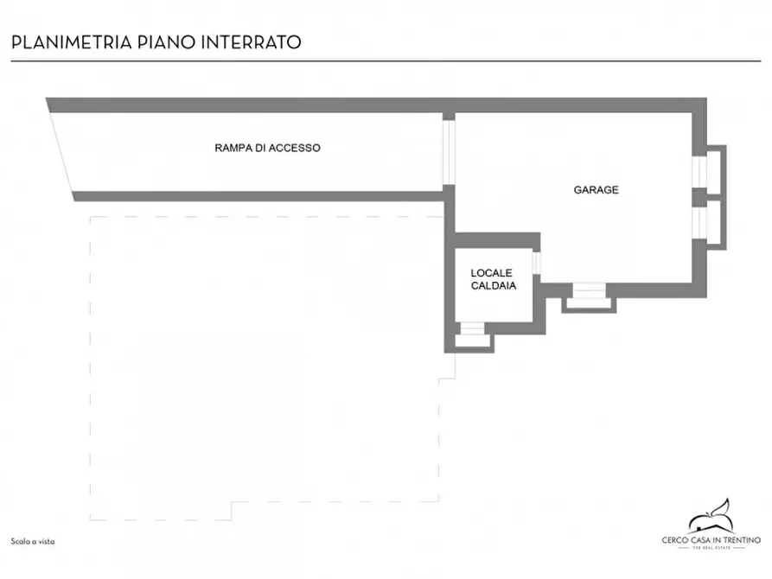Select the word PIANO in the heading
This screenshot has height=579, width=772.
(x=163, y=42)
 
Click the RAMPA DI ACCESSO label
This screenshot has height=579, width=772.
(x=267, y=148)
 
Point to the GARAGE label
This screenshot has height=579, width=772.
(x=596, y=189)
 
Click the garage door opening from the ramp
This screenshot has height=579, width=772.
(x=448, y=150)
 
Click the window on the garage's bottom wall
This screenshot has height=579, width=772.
(x=589, y=291)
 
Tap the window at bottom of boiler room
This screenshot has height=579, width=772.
(x=471, y=329)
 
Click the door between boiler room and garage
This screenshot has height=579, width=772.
(x=536, y=263)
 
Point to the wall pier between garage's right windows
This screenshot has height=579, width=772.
(x=699, y=197)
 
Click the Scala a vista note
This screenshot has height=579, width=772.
(x=33, y=541)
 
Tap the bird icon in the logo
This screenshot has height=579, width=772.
(x=711, y=518)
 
